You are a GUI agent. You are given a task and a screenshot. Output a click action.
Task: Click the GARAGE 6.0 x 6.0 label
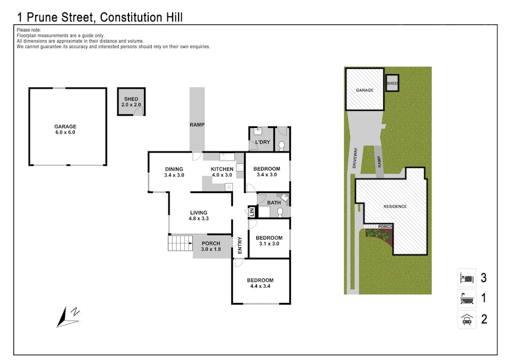[65, 130]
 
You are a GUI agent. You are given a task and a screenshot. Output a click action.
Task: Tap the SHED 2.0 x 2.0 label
[131, 102]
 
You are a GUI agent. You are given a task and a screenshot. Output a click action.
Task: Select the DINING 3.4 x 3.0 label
[174, 172]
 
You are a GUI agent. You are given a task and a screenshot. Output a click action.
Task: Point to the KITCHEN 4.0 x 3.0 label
[222, 172]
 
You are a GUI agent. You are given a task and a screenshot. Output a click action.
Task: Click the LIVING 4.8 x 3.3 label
[198, 215]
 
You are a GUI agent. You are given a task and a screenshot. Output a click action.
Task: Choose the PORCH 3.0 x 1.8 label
[211, 246]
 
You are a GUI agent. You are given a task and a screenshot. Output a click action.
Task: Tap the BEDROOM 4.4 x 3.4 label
[260, 283]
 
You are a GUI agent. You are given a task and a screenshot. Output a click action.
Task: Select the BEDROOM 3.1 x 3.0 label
[269, 241]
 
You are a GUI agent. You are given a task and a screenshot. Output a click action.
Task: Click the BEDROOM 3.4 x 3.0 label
[268, 171]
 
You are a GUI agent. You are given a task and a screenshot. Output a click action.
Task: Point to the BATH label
[273, 203]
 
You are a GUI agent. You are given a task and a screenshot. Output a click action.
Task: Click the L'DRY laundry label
[262, 143]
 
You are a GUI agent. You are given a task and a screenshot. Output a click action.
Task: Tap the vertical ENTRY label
[240, 246]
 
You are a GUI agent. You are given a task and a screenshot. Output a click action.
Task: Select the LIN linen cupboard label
[252, 212]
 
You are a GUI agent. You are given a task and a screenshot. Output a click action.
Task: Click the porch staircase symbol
[180, 243]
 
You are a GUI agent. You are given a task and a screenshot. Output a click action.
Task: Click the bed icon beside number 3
[466, 277]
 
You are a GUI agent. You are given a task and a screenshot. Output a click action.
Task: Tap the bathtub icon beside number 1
[466, 298]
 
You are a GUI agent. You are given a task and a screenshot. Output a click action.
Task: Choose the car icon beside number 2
[466, 319]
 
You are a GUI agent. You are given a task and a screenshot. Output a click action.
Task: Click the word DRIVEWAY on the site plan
[354, 158]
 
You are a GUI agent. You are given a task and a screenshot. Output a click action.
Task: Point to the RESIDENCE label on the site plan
[395, 206]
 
